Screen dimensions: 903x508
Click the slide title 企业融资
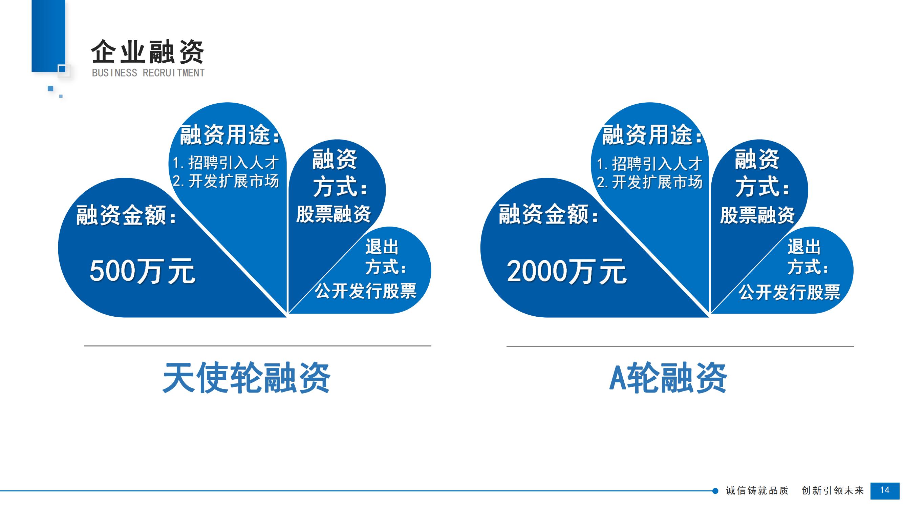click(x=148, y=52)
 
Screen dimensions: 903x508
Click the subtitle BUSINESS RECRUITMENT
click(x=148, y=73)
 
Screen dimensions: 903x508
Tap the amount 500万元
click(x=142, y=271)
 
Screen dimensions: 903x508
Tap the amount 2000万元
click(x=566, y=271)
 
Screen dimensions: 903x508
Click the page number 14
click(x=885, y=490)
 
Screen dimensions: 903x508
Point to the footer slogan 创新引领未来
click(x=833, y=490)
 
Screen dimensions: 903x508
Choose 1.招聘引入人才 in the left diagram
click(x=226, y=163)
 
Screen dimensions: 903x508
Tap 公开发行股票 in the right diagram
click(x=790, y=292)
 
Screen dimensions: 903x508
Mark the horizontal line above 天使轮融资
click(x=258, y=346)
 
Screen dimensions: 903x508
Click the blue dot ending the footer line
click(x=715, y=491)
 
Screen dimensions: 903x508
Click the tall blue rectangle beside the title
click(x=48, y=36)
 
